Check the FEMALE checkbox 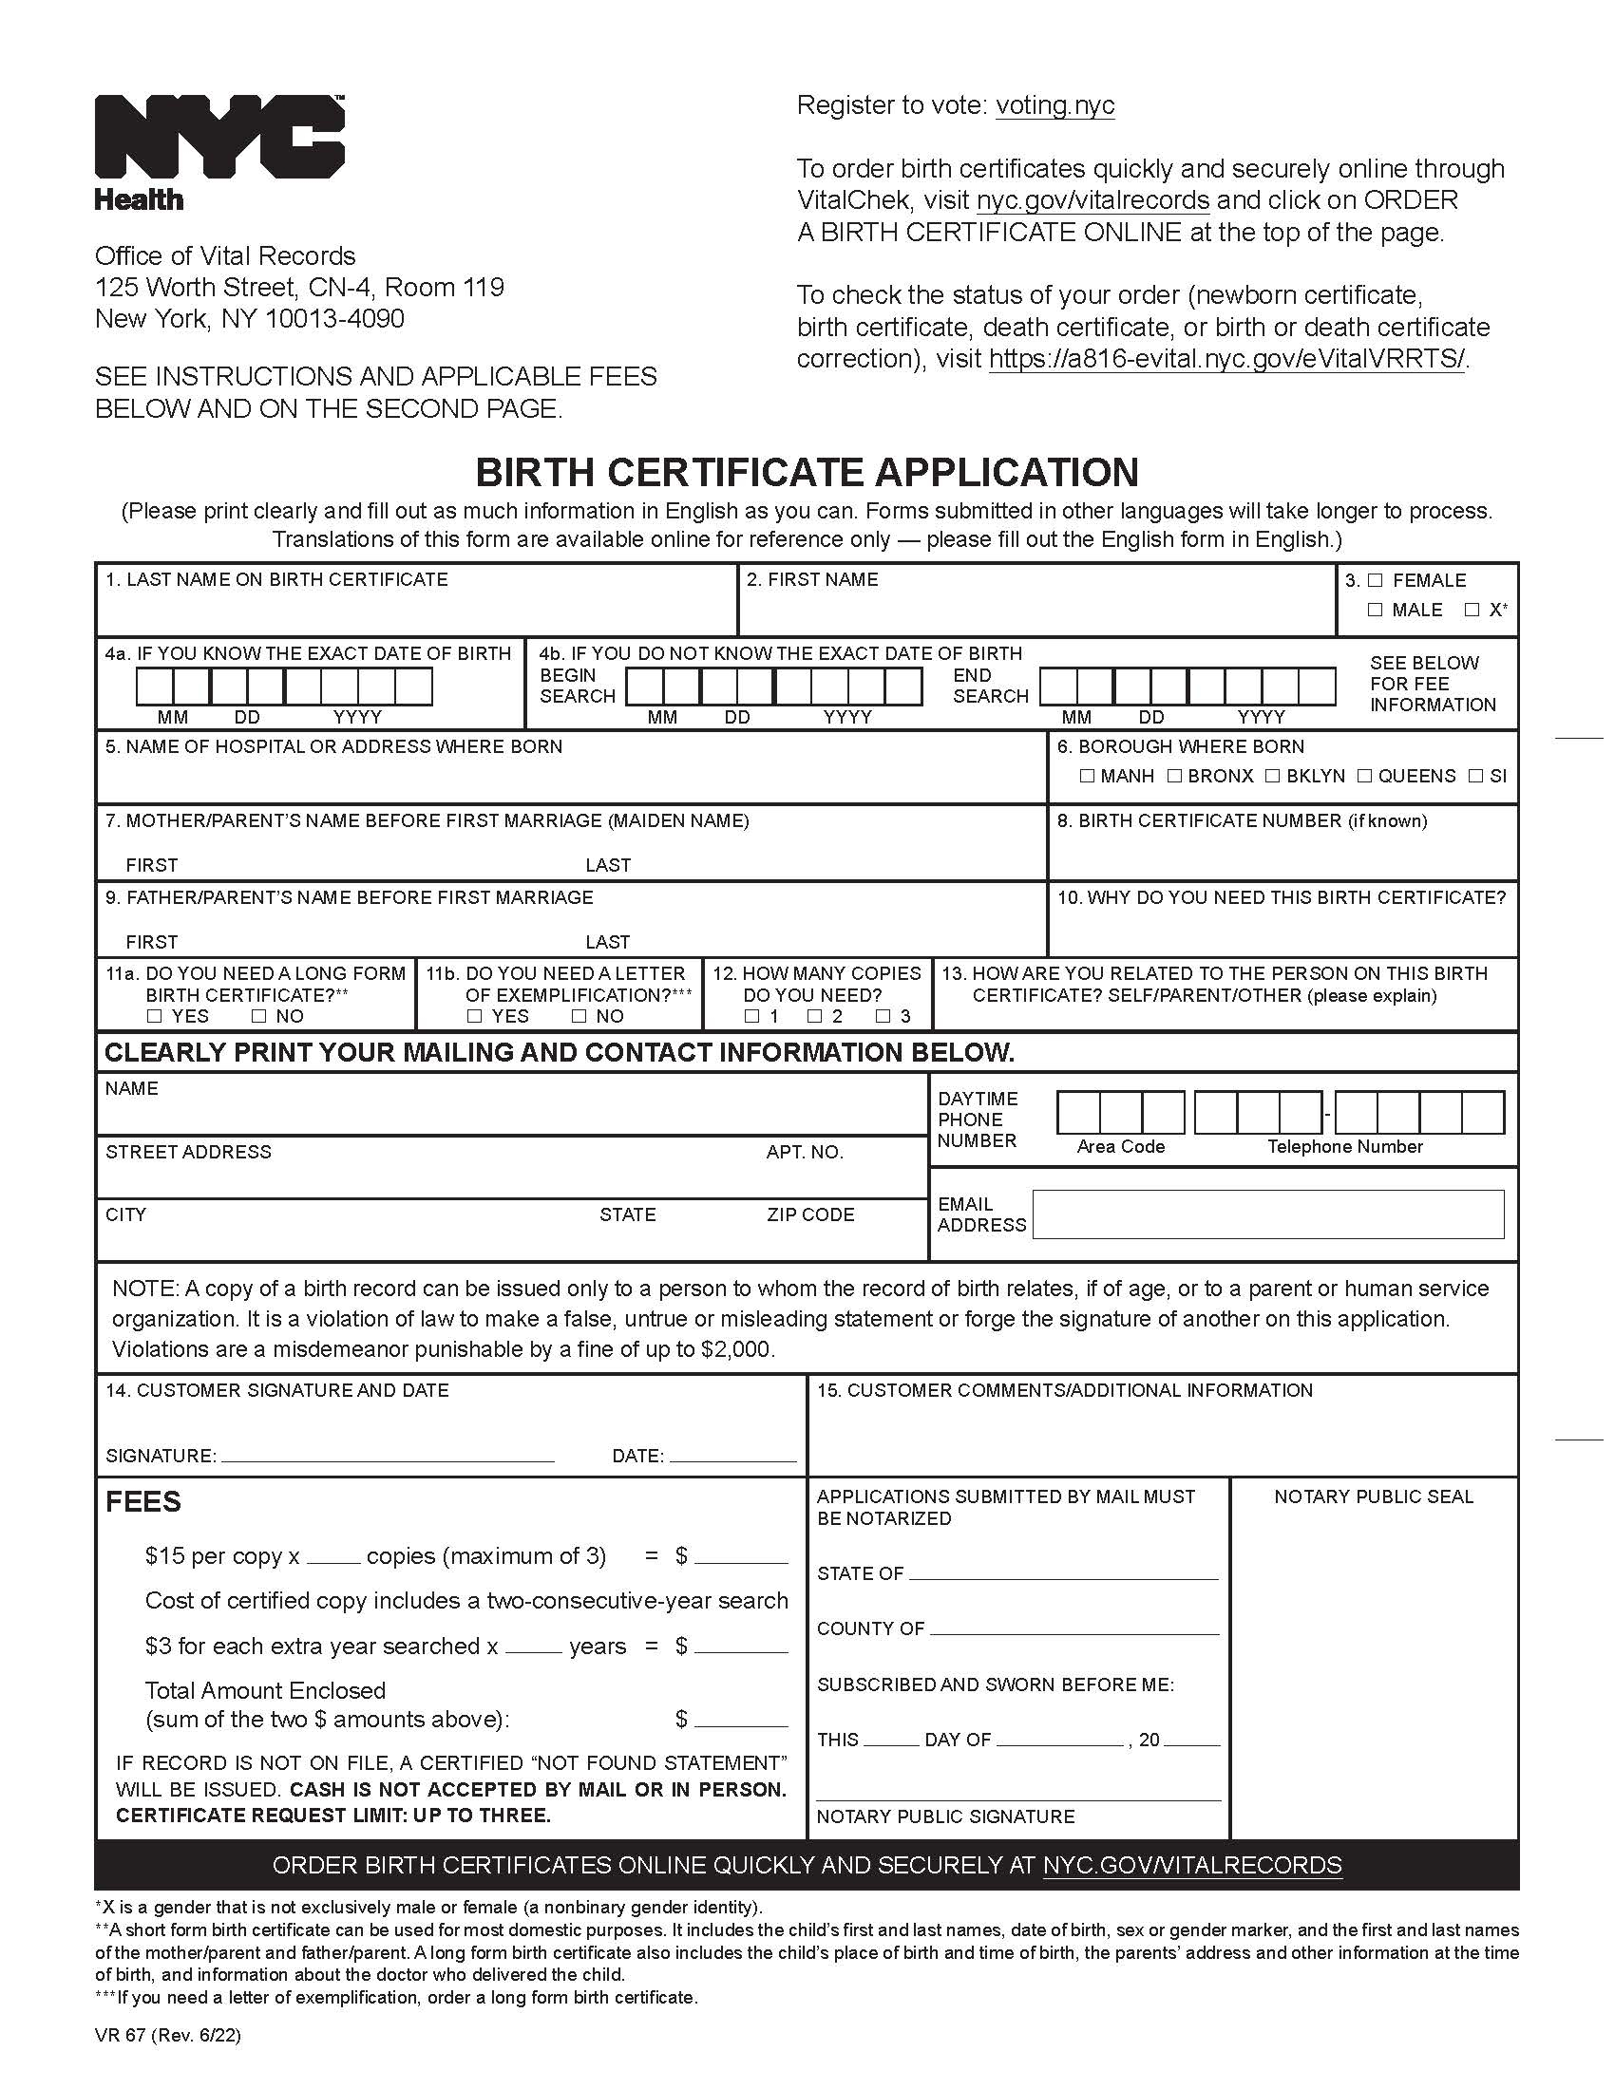tap(1375, 580)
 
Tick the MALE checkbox tap(1375, 611)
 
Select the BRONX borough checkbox tap(1174, 776)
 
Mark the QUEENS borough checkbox tap(1364, 776)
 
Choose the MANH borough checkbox tap(1087, 776)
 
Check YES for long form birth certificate tap(155, 1016)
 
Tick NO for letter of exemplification tap(579, 1016)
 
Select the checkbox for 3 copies tap(883, 1016)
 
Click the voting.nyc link tap(1054, 105)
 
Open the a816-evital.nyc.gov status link tap(1225, 360)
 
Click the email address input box tap(1267, 1214)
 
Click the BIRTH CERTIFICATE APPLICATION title tap(807, 473)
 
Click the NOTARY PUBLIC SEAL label tap(1373, 1496)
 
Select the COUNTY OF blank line tap(1073, 1629)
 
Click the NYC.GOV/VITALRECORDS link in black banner tap(1191, 1865)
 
